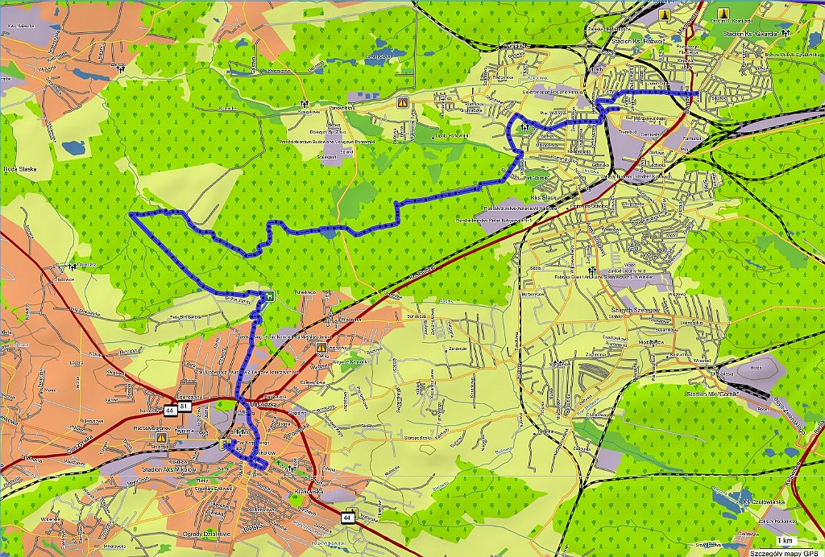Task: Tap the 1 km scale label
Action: point(785,539)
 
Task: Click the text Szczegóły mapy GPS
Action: point(781,553)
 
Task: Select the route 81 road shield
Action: point(185,410)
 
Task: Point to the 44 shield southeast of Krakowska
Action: point(346,515)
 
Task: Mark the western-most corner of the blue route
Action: point(131,216)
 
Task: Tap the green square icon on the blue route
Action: point(268,295)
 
